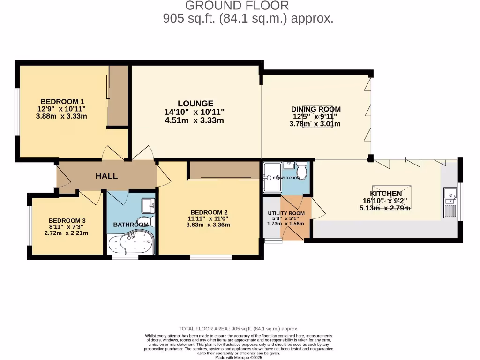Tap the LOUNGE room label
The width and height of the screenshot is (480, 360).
click(x=195, y=104)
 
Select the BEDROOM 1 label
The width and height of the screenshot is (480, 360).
click(x=62, y=101)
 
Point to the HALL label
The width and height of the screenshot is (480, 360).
click(x=106, y=176)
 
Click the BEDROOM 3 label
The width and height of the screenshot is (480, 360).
click(x=67, y=221)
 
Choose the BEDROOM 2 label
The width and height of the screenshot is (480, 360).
click(x=209, y=211)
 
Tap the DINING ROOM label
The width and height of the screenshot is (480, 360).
click(x=316, y=109)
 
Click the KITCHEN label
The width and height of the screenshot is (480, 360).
click(x=386, y=194)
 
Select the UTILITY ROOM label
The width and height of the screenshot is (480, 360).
click(x=286, y=213)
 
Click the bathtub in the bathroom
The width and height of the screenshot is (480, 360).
click(x=129, y=243)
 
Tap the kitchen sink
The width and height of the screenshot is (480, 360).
click(x=451, y=202)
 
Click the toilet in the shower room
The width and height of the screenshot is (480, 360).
click(x=302, y=171)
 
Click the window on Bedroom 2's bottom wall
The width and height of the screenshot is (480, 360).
click(x=210, y=257)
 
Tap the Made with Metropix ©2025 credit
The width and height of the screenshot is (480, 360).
click(x=239, y=358)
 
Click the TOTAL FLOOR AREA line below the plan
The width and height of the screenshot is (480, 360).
click(x=239, y=329)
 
